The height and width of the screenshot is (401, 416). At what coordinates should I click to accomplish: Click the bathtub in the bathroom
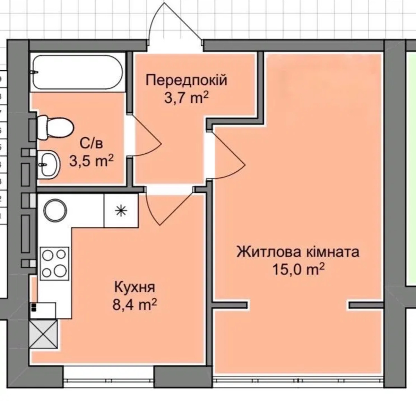tap(78, 72)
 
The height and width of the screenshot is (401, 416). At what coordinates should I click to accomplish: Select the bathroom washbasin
tap(49, 164)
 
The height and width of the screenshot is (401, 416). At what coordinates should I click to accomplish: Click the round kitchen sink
tap(55, 210)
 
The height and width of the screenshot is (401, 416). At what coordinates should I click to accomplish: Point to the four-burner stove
tap(55, 264)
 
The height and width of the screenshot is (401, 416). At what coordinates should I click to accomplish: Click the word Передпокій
tap(186, 80)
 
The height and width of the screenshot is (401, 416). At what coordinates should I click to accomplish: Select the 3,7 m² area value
tap(186, 99)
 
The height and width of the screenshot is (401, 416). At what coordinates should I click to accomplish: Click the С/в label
tap(91, 143)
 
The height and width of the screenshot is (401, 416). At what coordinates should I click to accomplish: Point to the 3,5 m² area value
tap(91, 161)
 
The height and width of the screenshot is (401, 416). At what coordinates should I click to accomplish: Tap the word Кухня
tap(135, 288)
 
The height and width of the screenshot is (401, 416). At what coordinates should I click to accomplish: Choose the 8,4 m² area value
tap(135, 305)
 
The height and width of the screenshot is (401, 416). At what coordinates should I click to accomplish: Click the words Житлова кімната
tap(298, 252)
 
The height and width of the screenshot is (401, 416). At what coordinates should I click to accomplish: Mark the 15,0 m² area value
tap(298, 270)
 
